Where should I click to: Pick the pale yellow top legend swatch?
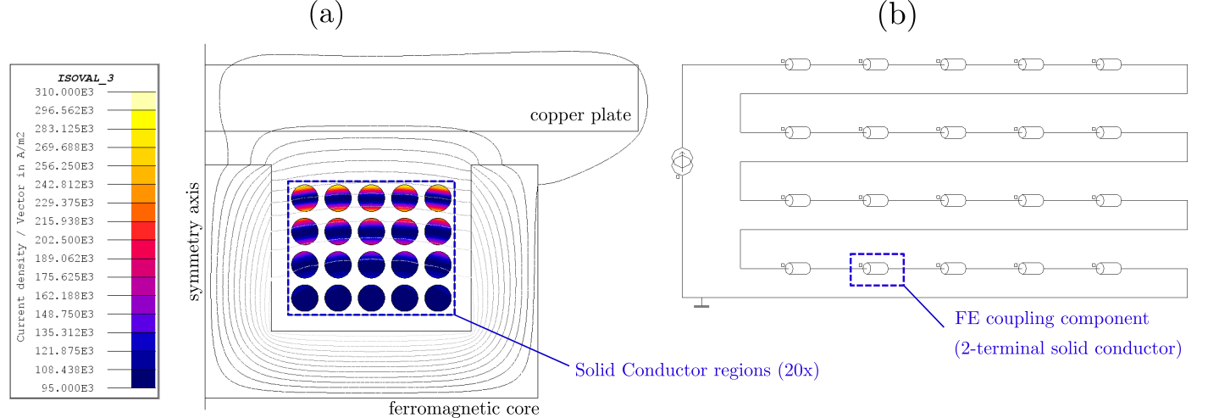pos(143,100)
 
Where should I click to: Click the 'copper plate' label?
pos(580,114)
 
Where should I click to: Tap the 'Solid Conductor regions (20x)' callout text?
pos(696,371)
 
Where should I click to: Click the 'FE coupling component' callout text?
pos(1051,319)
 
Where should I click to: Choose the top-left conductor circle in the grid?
pos(304,198)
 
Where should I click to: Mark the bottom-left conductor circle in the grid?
pos(304,298)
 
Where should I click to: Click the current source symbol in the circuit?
pos(682,159)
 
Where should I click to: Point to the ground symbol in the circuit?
pos(701,304)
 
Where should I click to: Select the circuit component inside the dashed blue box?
pos(877,269)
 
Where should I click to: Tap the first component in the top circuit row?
pos(798,64)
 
